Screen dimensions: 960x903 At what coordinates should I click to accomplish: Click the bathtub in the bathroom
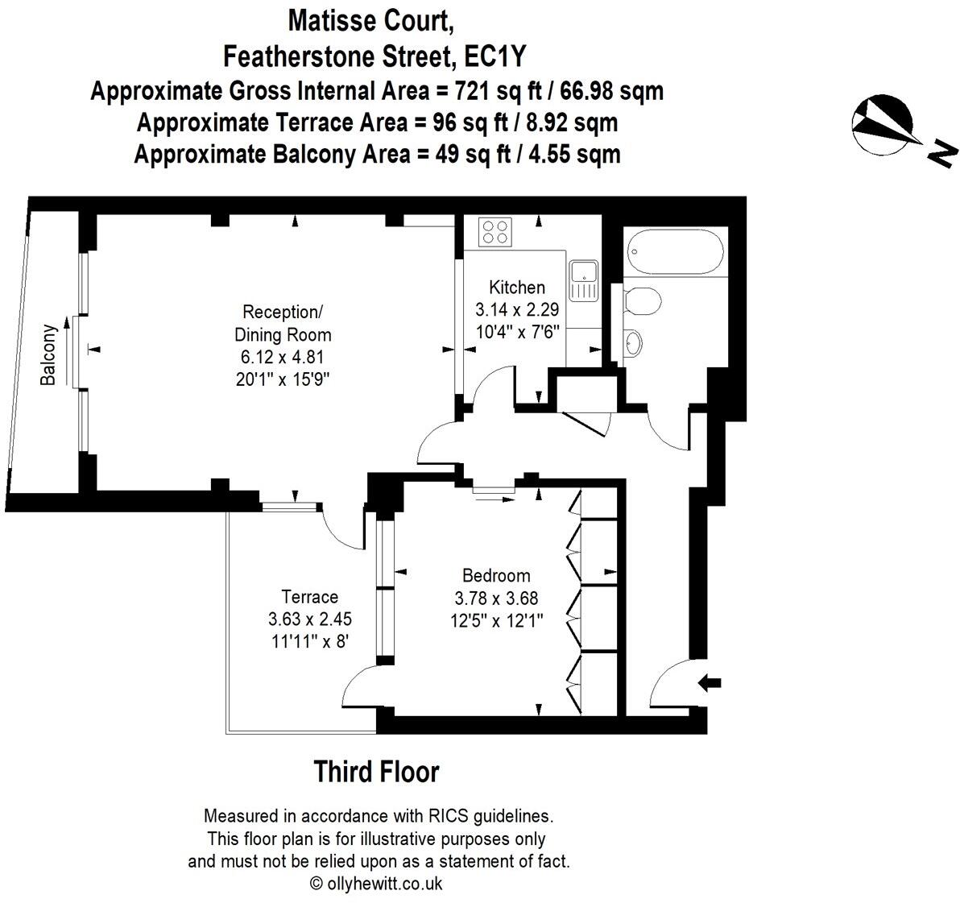tap(676, 252)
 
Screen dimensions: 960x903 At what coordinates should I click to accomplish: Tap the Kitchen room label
tap(517, 287)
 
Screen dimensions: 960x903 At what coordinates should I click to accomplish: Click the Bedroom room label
tap(497, 575)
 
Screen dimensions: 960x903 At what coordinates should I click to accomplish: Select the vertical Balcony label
tap(48, 354)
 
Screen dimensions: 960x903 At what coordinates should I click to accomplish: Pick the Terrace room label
tap(310, 597)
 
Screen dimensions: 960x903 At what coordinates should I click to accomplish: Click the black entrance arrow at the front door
tap(710, 682)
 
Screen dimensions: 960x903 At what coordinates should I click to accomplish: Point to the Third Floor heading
tap(377, 772)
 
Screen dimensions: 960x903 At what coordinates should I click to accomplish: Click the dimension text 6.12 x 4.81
tap(282, 357)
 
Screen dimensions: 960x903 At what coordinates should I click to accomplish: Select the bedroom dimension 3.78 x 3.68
tap(497, 598)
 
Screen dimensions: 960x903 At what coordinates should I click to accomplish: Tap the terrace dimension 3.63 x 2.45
tap(310, 619)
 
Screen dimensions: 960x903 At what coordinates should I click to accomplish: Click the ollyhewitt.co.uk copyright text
tap(377, 884)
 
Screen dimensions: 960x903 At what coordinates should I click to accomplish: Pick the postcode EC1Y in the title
tap(495, 57)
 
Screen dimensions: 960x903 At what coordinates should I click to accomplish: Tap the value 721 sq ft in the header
tap(498, 91)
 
